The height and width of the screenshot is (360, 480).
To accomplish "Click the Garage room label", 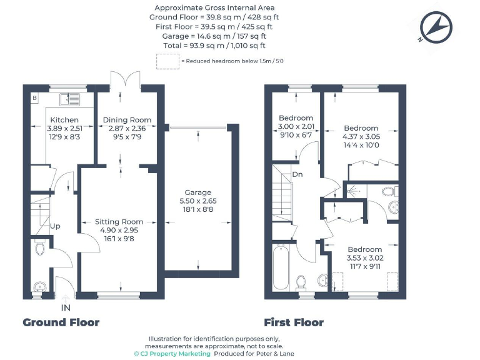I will [x=197, y=192].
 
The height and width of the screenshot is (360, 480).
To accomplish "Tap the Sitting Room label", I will [x=119, y=222].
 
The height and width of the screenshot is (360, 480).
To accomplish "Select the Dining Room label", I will [x=127, y=120].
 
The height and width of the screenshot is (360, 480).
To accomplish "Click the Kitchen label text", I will [x=64, y=120].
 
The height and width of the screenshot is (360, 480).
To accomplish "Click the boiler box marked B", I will [x=34, y=98].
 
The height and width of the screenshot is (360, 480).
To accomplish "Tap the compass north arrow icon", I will [x=436, y=27].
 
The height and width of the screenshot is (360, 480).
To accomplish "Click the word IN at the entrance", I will [x=66, y=308].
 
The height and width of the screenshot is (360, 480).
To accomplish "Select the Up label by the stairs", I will [x=55, y=226].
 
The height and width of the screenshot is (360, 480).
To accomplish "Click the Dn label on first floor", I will [x=297, y=174].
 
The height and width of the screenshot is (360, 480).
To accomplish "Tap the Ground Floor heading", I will [x=61, y=322].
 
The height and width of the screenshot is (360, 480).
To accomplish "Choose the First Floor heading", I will [x=294, y=322].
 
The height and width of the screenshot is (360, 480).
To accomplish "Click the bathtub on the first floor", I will [x=281, y=267].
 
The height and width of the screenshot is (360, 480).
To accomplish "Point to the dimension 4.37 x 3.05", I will [x=361, y=136].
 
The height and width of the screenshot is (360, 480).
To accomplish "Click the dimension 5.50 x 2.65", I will [x=197, y=201].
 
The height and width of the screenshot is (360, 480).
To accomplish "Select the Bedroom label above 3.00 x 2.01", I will [x=296, y=118].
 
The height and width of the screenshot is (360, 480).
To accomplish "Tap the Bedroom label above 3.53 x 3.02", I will [x=364, y=249].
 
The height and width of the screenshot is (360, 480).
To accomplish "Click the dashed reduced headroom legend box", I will [x=167, y=61].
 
